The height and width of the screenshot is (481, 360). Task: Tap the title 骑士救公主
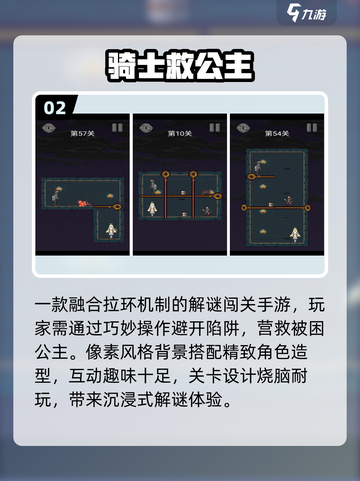point(180,65)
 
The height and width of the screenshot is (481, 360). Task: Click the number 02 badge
point(55,107)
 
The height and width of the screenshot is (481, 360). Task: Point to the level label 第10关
point(180,132)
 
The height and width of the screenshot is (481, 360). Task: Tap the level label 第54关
point(277,132)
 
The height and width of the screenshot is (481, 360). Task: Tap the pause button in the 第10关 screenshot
point(216,128)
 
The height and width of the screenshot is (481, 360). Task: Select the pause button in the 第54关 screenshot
point(312,128)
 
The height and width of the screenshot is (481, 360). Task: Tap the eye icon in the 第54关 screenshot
point(241,128)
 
